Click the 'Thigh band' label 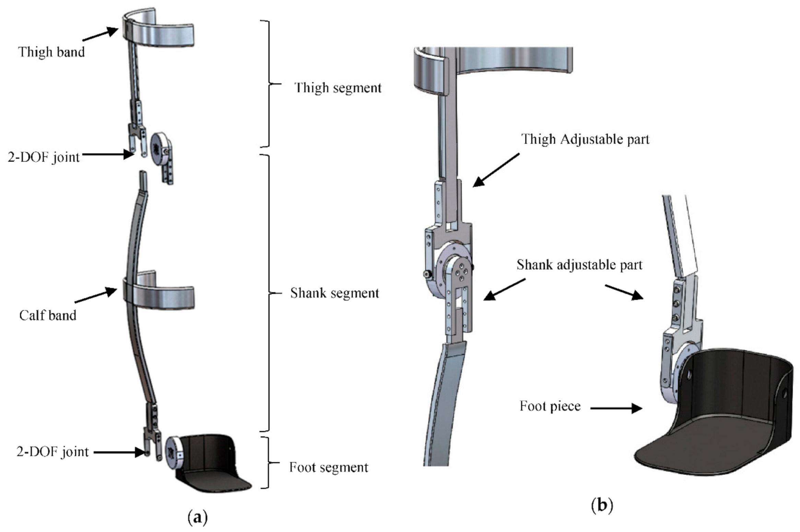coord(51,52)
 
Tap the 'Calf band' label coord(48,315)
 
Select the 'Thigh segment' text coord(338,88)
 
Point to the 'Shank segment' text coord(334,293)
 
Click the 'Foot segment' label coord(328,467)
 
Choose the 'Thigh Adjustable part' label coord(585,139)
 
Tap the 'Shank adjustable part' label coord(579,265)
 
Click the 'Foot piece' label coord(550,406)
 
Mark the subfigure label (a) coord(198,517)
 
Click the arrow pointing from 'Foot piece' coord(616,408)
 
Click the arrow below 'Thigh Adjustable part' coord(496,170)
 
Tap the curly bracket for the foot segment coord(268,462)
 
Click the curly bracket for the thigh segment coord(268,84)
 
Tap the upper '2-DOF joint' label coord(44,157)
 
